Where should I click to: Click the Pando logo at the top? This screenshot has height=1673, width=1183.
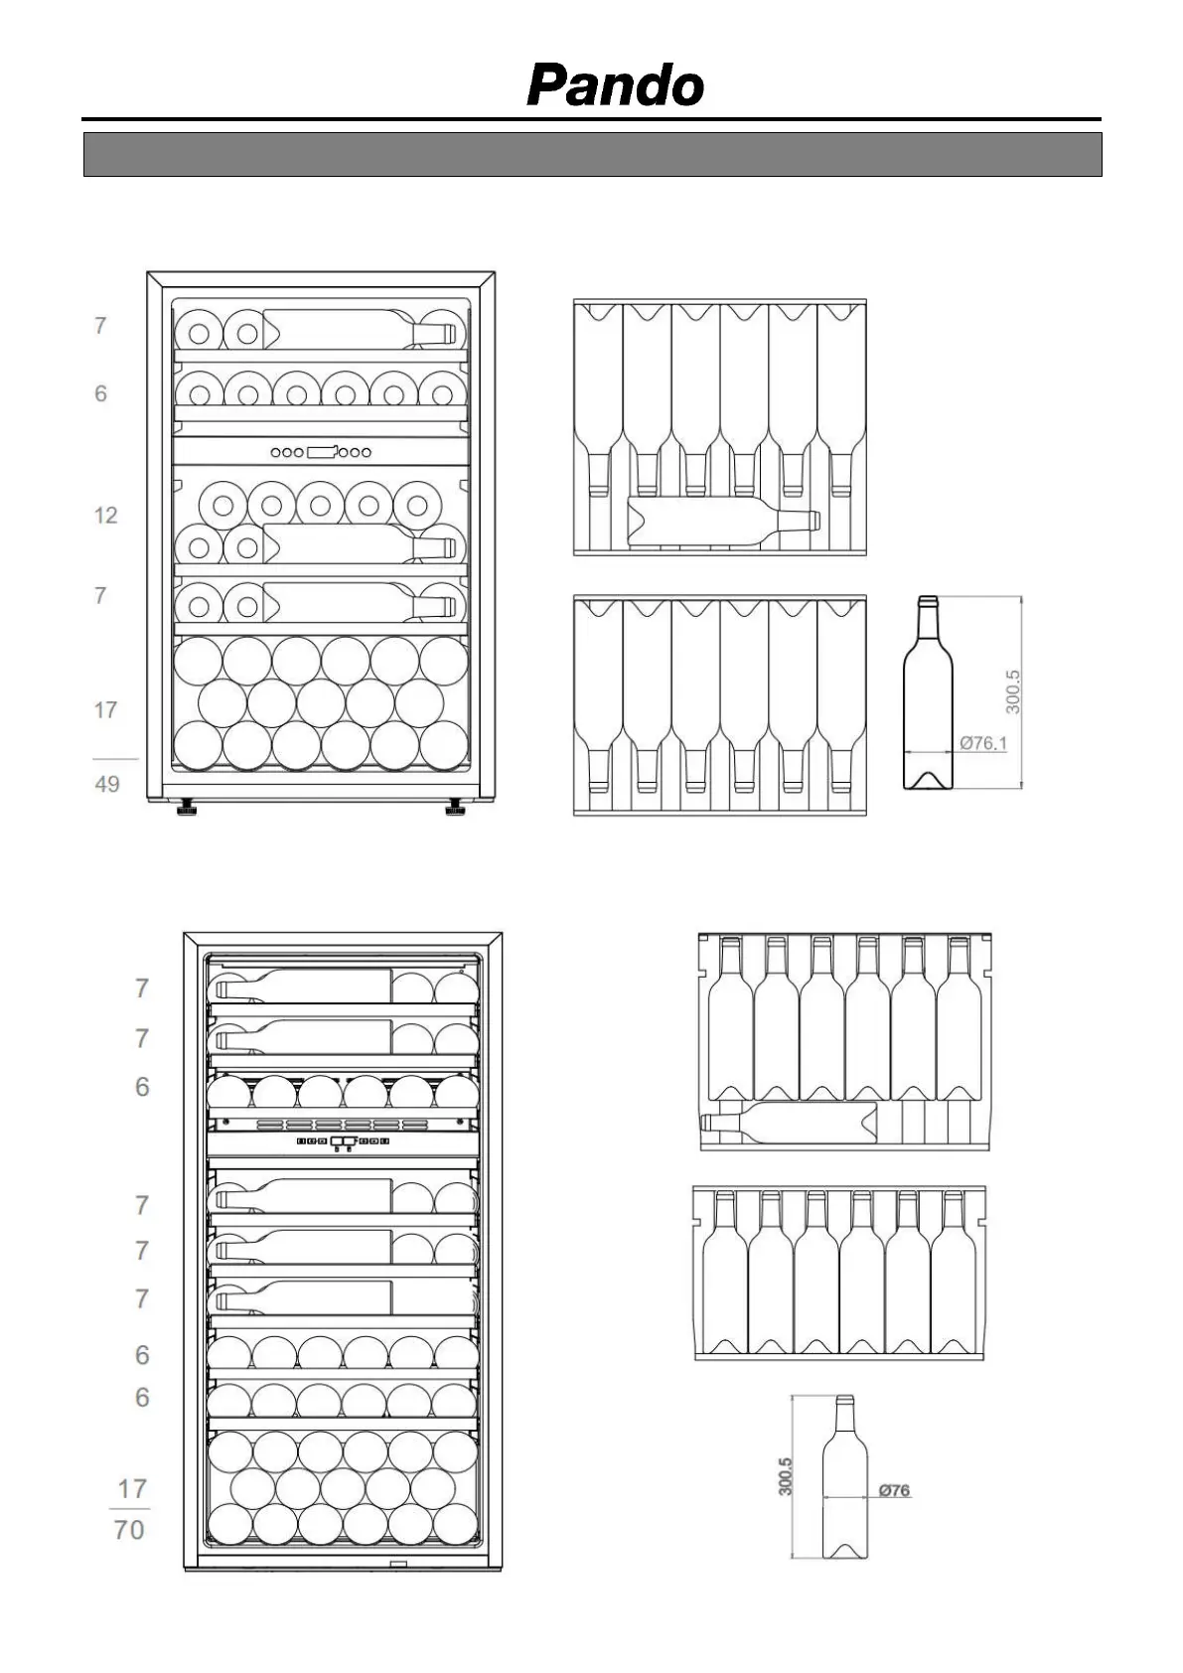tap(615, 85)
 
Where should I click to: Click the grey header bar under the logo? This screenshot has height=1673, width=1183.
tap(592, 154)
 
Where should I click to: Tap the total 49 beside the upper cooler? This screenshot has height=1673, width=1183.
tap(107, 784)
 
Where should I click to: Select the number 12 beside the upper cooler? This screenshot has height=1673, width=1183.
tap(105, 515)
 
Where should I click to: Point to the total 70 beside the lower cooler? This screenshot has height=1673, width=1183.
tap(129, 1529)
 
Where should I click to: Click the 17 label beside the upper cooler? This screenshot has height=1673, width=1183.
tap(105, 710)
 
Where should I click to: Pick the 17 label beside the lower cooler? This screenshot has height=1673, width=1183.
tap(131, 1489)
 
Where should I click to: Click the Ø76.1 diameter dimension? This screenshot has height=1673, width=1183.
tap(982, 742)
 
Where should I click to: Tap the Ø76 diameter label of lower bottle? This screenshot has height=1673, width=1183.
tap(894, 1490)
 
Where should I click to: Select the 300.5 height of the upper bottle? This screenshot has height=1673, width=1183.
tap(1012, 691)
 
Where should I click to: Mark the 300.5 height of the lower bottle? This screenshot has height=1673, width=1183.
tap(786, 1476)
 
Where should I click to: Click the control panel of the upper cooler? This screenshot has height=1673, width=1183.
tap(321, 452)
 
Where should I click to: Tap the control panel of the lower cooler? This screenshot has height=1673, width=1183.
tap(343, 1141)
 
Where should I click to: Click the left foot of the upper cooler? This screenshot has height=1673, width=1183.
tap(186, 808)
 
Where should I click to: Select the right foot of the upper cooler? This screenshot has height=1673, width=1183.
tap(455, 808)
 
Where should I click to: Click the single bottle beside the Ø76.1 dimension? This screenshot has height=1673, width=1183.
tap(927, 695)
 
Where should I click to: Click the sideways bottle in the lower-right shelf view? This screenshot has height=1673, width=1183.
tap(790, 1123)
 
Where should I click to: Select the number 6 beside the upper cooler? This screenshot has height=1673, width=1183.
tap(100, 393)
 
